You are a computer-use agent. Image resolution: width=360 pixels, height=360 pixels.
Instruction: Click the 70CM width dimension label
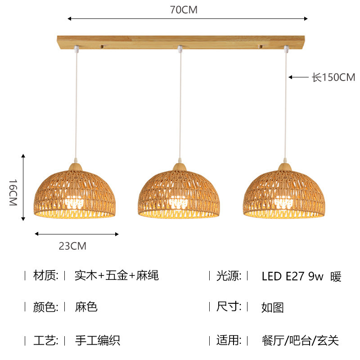(184, 10)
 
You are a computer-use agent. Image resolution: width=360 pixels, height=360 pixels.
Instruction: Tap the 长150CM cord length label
(333, 77)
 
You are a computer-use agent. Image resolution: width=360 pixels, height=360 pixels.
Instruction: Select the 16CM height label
(13, 193)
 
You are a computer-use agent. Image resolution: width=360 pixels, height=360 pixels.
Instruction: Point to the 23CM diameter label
(72, 246)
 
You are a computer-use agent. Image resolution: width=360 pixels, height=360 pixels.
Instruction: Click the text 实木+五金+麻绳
(117, 275)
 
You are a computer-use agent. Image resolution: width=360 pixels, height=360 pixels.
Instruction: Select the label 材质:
(46, 275)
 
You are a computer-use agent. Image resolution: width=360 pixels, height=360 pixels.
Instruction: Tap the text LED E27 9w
(292, 276)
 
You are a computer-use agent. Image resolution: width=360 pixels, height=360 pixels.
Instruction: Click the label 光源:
(229, 275)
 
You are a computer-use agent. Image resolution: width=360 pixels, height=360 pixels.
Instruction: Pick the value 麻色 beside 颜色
(86, 307)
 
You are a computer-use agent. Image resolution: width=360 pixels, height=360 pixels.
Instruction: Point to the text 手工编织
(98, 340)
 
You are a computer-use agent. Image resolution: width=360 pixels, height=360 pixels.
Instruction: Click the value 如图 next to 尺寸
(272, 308)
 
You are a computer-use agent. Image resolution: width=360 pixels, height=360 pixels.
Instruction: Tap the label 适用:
(229, 340)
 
